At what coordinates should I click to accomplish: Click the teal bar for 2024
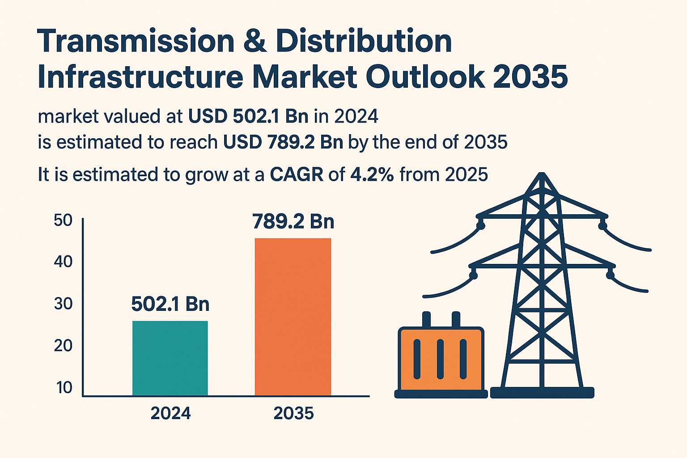(x=170, y=358)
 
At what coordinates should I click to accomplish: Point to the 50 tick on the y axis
(x=63, y=220)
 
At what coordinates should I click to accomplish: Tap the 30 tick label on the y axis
(x=63, y=304)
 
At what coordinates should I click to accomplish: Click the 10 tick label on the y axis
(x=64, y=387)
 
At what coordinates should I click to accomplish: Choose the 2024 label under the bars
(x=170, y=413)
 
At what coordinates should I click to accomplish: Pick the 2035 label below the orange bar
(x=293, y=413)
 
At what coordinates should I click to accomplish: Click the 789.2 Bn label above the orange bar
(x=293, y=221)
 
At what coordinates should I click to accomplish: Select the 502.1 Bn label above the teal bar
(x=170, y=304)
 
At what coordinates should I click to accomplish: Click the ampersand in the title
(x=255, y=41)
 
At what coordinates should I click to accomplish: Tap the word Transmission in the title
(x=136, y=41)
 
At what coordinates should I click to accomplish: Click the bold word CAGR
(x=297, y=174)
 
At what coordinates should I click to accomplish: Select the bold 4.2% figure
(x=372, y=174)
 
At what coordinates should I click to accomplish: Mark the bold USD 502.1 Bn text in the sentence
(x=248, y=116)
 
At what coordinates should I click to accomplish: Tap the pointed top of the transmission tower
(x=542, y=175)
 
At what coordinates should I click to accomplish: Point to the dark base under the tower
(x=542, y=393)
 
